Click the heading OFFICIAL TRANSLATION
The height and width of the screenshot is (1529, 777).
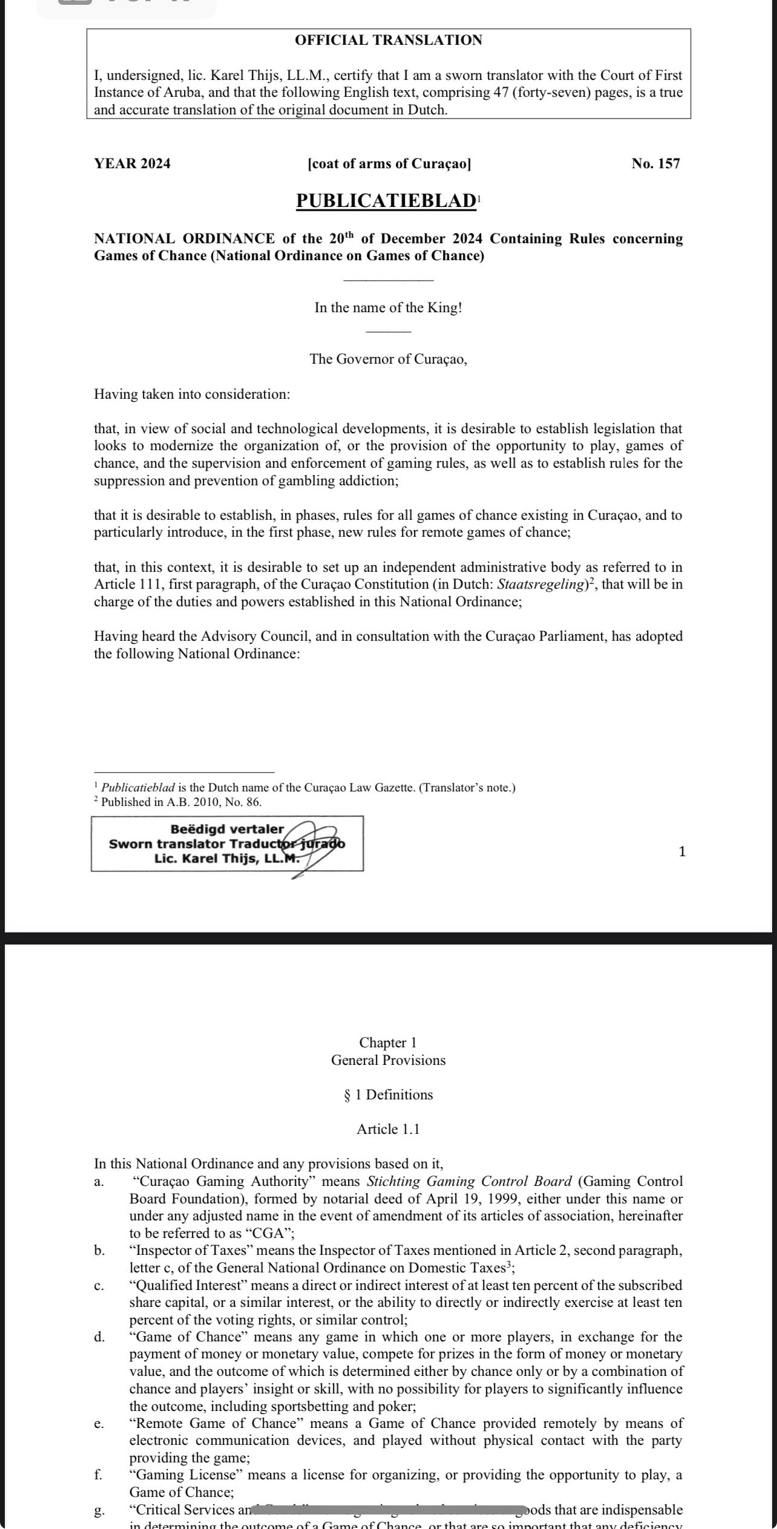point(388,41)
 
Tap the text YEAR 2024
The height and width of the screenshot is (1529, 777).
point(132,164)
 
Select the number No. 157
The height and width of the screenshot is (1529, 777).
point(655,164)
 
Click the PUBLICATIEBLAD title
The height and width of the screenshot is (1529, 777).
point(386,201)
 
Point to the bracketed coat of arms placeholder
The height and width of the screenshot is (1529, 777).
point(389,164)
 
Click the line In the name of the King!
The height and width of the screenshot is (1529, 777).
point(388,307)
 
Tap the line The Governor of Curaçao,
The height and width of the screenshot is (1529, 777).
point(388,359)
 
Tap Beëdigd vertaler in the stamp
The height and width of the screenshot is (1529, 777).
point(227,829)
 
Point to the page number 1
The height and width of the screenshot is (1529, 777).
point(682,852)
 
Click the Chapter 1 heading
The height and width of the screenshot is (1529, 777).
point(388,1043)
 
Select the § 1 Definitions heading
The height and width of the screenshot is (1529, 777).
point(388,1095)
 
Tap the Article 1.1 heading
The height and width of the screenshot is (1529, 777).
point(388,1129)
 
